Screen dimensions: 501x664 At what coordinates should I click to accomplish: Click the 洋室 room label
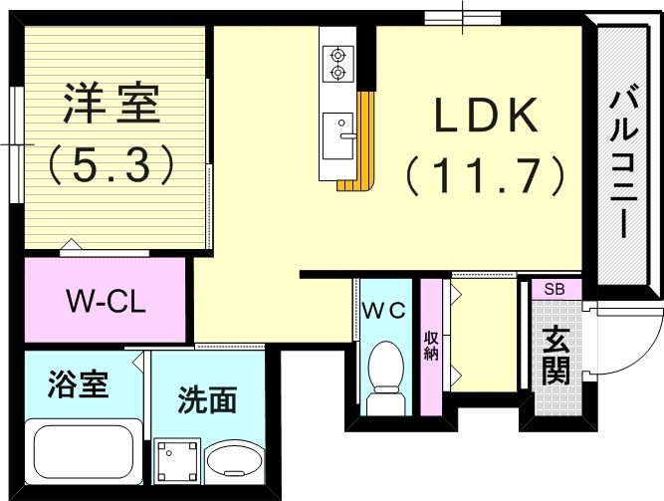point(111,104)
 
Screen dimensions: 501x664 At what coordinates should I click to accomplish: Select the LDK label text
point(485,118)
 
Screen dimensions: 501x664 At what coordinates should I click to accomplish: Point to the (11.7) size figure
point(485,176)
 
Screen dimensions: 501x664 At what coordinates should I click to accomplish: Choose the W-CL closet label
point(106,301)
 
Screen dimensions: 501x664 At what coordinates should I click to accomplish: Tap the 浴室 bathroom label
point(79,383)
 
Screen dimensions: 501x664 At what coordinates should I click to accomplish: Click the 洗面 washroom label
point(207,400)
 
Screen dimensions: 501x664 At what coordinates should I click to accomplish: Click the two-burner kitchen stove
point(337,62)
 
